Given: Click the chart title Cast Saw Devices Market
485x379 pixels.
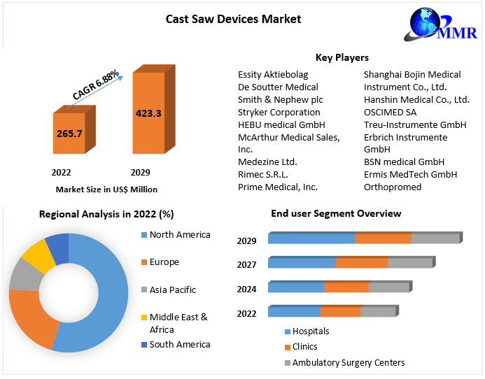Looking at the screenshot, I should [233, 19].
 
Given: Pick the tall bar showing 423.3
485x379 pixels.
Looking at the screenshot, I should [148, 113].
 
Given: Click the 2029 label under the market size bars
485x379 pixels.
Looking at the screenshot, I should [140, 172].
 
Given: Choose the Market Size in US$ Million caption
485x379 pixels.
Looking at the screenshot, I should [106, 189].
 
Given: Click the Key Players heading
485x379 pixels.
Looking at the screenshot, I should [342, 57].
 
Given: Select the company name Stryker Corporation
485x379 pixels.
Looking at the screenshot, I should [279, 112].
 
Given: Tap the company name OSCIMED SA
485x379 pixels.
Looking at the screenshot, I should [390, 112].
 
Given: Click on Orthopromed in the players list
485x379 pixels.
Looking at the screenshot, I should [393, 187].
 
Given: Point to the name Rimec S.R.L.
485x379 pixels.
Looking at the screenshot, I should [262, 174].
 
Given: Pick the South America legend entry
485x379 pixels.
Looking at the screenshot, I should [179, 344].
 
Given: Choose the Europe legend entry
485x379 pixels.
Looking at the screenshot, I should [164, 262].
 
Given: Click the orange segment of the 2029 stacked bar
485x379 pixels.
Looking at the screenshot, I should [383, 238].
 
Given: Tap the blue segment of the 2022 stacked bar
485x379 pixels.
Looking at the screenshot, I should [294, 312].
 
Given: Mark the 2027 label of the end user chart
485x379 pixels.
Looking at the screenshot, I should [246, 265].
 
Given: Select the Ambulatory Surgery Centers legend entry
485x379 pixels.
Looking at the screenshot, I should [348, 362].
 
